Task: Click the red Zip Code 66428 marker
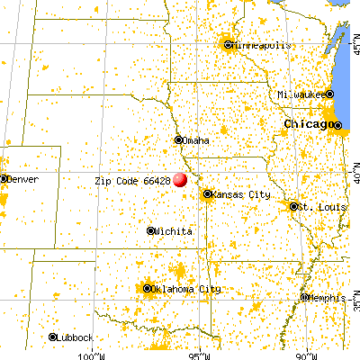pos(180,179)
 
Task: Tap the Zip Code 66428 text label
pos(132,180)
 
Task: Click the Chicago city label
pos(308,122)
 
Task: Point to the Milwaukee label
pos(301,94)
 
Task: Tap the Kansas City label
pos(238,193)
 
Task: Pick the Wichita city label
pos(174,231)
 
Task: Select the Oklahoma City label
pos(185,289)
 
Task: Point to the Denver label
pos(22,179)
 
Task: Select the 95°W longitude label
pos(201,354)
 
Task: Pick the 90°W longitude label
pos(308,354)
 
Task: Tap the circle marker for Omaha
pos(178,139)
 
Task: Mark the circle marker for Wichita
pos(151,231)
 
